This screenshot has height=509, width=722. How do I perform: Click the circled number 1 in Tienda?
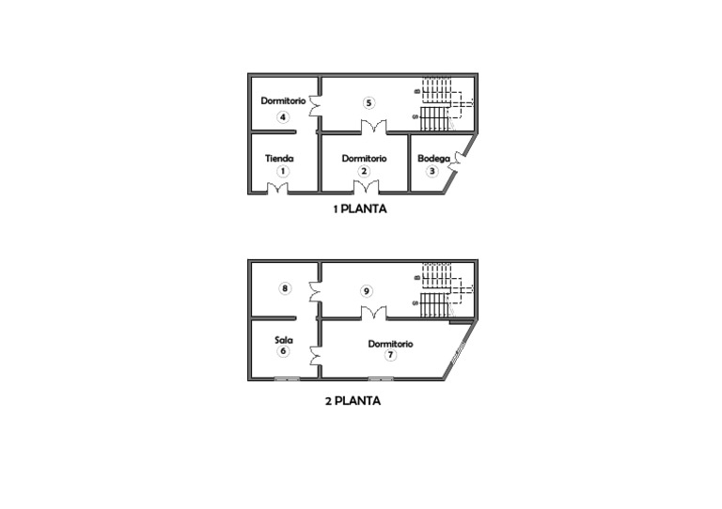(x=282, y=172)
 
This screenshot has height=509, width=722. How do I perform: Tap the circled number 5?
(x=369, y=102)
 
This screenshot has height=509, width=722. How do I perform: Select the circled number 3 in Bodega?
(x=432, y=171)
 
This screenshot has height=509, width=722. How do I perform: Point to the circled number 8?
(x=285, y=288)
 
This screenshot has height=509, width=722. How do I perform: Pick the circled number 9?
(x=367, y=291)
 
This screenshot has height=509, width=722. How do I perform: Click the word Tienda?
(x=279, y=159)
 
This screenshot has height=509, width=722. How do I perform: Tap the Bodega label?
(x=432, y=159)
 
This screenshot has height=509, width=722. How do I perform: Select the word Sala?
(x=283, y=340)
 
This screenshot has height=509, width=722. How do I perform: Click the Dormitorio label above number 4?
(x=283, y=100)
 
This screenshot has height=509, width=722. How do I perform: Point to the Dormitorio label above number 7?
(x=390, y=344)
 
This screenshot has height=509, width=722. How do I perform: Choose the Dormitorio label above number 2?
(x=364, y=159)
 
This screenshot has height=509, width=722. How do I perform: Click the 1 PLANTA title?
(x=360, y=209)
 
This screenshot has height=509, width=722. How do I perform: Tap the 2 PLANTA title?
(x=353, y=400)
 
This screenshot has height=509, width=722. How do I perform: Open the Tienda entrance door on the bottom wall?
(x=276, y=189)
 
